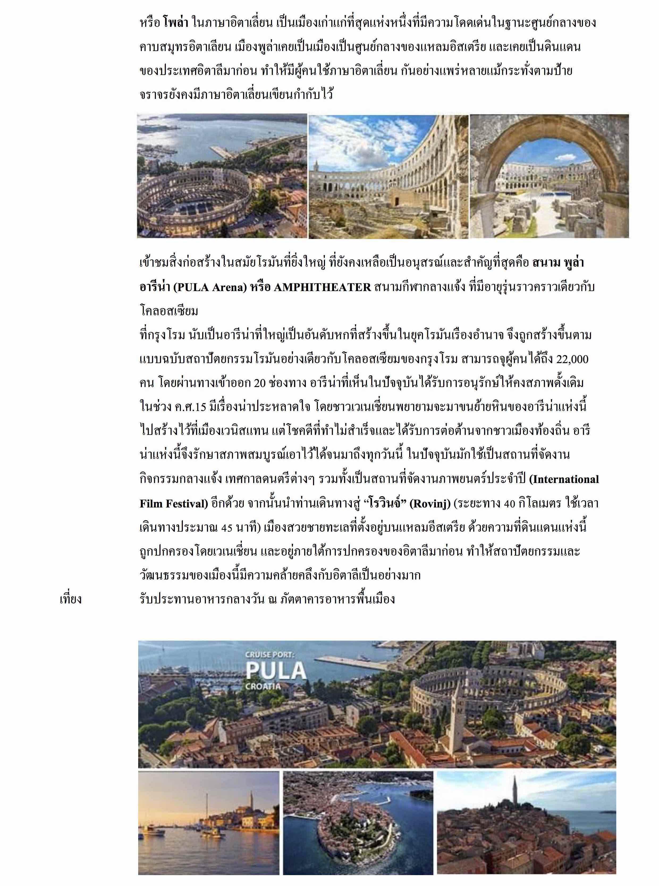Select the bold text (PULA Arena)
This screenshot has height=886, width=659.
click(210, 287)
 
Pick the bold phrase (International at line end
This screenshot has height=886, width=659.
click(564, 479)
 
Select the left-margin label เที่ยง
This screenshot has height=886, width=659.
click(71, 599)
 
